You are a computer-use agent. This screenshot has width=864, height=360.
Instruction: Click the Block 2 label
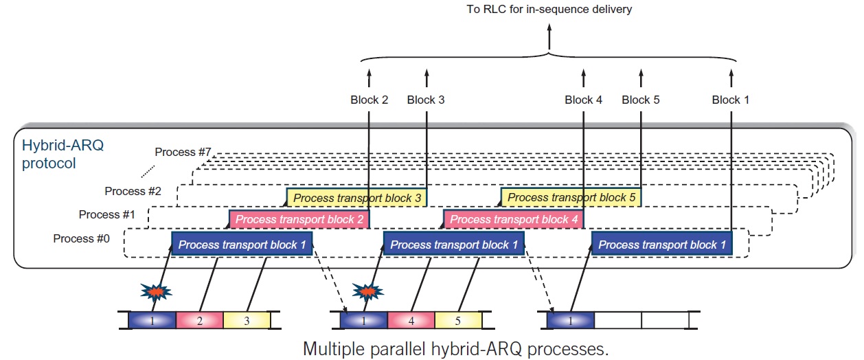pyautogui.click(x=369, y=100)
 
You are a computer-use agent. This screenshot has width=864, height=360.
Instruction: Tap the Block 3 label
pyautogui.click(x=426, y=100)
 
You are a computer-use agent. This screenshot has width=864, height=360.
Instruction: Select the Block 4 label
pyautogui.click(x=584, y=100)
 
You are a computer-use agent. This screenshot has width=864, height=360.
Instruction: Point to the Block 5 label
pyautogui.click(x=641, y=100)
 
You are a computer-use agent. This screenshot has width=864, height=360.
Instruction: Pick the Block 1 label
pyautogui.click(x=731, y=100)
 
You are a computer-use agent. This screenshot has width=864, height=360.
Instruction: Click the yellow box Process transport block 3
pyautogui.click(x=356, y=198)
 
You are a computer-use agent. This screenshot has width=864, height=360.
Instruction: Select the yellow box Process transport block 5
pyautogui.click(x=571, y=198)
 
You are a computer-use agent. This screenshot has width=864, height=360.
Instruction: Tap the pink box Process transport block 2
pyautogui.click(x=299, y=220)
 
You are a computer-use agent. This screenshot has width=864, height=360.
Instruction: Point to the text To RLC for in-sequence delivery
pyautogui.click(x=549, y=10)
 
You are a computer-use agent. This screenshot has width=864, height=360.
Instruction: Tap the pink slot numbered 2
pyautogui.click(x=200, y=320)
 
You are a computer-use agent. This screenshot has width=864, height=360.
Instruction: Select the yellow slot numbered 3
pyautogui.click(x=247, y=320)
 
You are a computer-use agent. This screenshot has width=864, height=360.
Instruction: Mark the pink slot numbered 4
pyautogui.click(x=411, y=320)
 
